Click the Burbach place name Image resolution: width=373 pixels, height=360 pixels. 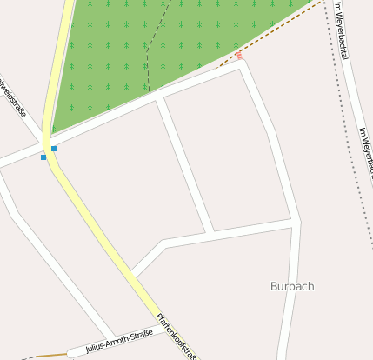[x=292, y=286]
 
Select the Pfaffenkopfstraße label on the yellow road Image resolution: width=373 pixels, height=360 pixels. [x=177, y=336]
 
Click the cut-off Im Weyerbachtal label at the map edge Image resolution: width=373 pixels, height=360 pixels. [x=366, y=152]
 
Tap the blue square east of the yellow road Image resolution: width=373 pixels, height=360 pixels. [x=54, y=149]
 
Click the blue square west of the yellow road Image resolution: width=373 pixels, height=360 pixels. [x=43, y=157]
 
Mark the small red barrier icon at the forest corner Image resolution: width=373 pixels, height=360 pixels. [x=239, y=57]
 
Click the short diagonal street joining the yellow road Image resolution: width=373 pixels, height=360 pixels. [x=148, y=258]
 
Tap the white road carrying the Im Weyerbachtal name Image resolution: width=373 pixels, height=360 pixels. [x=356, y=104]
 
